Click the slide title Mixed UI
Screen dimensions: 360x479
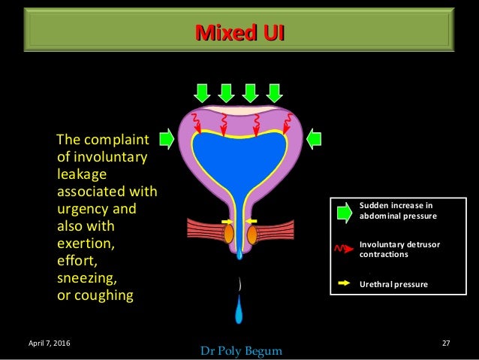239,32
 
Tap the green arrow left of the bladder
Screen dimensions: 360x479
166,138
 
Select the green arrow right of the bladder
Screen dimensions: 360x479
314,138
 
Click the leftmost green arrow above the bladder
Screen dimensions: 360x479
202,93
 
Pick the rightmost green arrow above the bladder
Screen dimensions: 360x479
275,93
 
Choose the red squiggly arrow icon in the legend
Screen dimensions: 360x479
344,249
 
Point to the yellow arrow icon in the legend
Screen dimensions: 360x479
344,284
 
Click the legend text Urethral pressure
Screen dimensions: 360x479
393,285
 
